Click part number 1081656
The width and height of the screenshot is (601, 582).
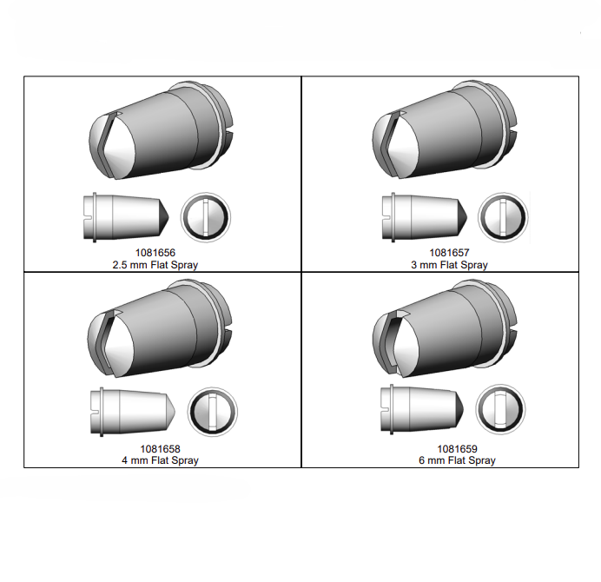(155, 253)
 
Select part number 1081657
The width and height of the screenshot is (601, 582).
(449, 253)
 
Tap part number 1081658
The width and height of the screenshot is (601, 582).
(160, 448)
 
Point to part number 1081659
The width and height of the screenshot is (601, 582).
(458, 448)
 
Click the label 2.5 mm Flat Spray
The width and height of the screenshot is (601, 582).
(155, 265)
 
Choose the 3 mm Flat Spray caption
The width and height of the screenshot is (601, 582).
(449, 265)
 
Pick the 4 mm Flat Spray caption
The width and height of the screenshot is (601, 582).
(160, 460)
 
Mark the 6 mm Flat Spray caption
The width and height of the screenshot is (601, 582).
(458, 460)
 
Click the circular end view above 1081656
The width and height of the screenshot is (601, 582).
(206, 217)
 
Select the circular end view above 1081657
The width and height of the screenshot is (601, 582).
(503, 217)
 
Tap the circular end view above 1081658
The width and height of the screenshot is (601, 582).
(212, 412)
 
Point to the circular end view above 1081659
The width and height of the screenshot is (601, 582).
(500, 409)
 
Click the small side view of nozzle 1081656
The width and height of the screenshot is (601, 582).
(126, 217)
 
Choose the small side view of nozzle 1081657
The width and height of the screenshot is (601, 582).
(425, 217)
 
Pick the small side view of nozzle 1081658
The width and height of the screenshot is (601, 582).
(133, 412)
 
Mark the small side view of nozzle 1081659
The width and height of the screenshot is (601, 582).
(422, 409)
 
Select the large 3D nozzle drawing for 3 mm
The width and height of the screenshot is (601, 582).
(445, 129)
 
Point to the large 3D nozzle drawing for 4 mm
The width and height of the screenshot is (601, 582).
(160, 328)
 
